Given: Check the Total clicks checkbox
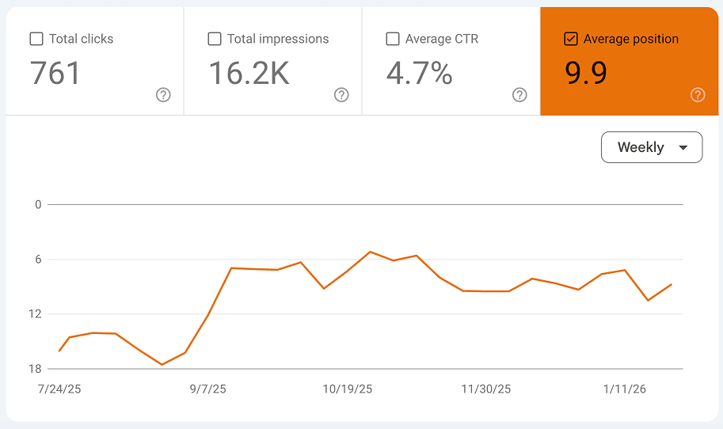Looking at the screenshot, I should (x=36, y=39).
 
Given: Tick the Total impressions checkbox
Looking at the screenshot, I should (x=215, y=39).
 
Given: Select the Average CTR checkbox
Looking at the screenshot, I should (x=393, y=39).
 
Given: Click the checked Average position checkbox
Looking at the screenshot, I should (x=571, y=39).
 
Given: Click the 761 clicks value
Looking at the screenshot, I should (x=55, y=74).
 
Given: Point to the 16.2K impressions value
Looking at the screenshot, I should (x=249, y=74).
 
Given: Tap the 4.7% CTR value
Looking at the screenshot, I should (x=419, y=74).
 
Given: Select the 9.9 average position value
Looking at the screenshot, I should (x=586, y=74).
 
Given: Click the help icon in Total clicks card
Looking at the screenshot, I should (x=163, y=95).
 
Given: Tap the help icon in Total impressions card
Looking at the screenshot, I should (x=341, y=95).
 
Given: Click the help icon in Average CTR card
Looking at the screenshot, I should (x=519, y=95).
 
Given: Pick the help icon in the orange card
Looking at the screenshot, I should (x=698, y=95).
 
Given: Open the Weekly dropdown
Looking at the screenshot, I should (x=652, y=147).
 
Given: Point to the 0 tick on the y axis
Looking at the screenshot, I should (x=37, y=204).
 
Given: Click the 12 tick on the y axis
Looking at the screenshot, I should (x=35, y=314).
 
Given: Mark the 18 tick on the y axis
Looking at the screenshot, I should (x=35, y=369).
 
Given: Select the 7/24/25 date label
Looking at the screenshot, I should (x=60, y=389).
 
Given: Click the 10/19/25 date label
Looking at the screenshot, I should (x=348, y=389).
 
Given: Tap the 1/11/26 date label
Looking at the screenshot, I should (x=624, y=389).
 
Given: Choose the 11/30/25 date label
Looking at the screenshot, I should (x=486, y=389).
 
